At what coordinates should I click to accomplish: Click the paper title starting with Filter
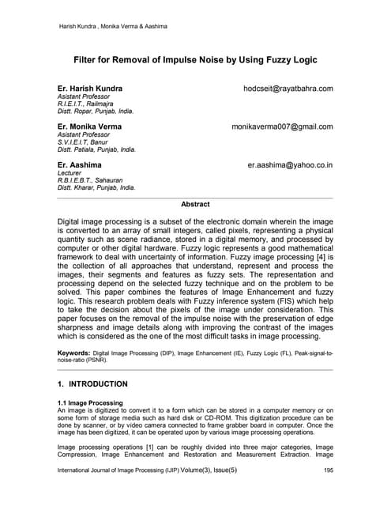click(195, 59)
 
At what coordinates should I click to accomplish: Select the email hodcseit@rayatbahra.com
click(288, 89)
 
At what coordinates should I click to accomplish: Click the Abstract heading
click(195, 204)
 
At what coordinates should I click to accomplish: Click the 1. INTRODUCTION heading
click(92, 384)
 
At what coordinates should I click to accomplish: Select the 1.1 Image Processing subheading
click(89, 402)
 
